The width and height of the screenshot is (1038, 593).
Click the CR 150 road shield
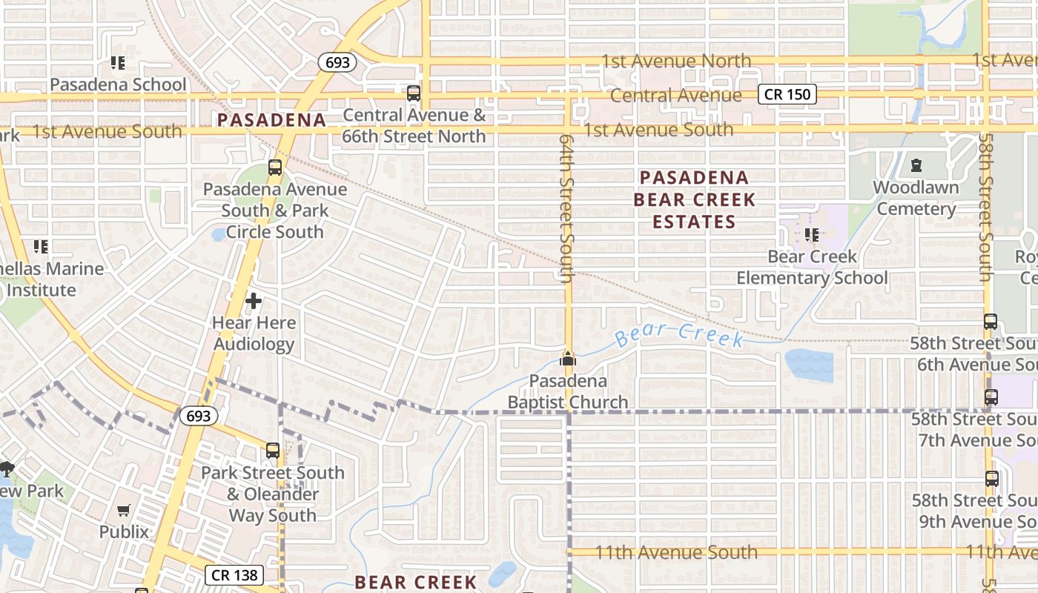(x=787, y=94)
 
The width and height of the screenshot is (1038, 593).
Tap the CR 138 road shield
(x=234, y=574)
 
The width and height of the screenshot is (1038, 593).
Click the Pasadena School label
(x=119, y=85)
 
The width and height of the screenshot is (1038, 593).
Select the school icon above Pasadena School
(x=118, y=63)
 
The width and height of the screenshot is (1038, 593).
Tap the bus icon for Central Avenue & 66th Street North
(x=414, y=93)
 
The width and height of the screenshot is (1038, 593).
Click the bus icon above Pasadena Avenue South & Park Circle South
(x=275, y=168)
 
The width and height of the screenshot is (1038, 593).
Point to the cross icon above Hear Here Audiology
(x=254, y=301)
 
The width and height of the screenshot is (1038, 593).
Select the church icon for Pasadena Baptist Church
(x=568, y=360)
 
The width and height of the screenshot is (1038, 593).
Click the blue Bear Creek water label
(x=679, y=335)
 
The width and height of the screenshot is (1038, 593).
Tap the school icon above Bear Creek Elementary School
(x=812, y=235)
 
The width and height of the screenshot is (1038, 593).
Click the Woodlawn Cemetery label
(x=916, y=198)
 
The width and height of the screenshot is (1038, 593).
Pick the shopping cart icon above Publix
(x=124, y=510)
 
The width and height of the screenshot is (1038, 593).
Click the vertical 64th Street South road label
(x=567, y=208)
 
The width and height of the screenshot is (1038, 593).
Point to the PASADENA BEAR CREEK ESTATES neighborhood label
(x=694, y=199)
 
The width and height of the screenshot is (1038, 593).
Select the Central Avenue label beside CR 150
(x=675, y=96)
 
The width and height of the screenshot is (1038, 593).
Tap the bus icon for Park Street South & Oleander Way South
(x=273, y=451)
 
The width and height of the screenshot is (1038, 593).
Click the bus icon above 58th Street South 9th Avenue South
(x=992, y=479)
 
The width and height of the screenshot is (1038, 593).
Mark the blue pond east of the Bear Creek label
(x=809, y=364)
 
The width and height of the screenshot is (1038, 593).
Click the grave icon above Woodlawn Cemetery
(x=916, y=165)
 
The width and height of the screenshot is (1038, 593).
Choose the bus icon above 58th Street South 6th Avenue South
(x=991, y=322)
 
